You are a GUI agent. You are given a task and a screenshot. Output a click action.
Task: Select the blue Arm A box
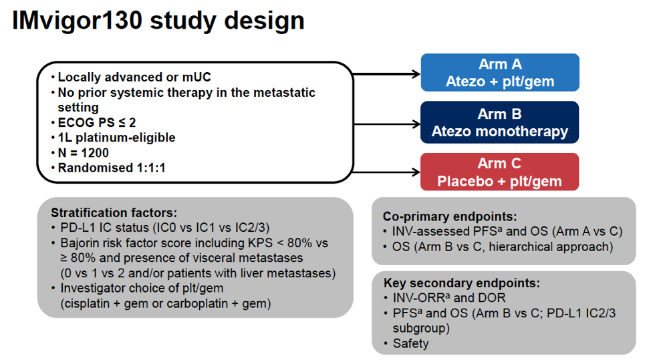(x=499, y=73)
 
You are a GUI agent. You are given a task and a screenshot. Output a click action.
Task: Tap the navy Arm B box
(x=499, y=122)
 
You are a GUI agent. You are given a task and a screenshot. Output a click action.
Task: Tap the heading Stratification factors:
(x=114, y=213)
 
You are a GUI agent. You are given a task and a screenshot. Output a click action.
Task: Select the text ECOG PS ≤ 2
(x=96, y=123)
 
